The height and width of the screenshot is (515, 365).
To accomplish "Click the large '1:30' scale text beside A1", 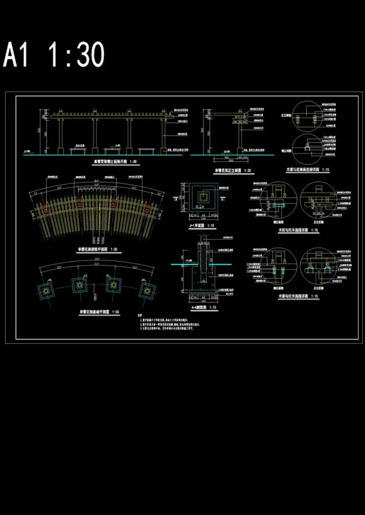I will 76,56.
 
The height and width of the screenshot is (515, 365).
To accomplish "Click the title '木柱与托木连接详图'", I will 293,230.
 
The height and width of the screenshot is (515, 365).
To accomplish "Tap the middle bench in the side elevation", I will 112,150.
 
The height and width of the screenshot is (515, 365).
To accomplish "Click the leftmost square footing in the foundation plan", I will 45,289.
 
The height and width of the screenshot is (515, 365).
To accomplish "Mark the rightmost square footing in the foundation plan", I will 148,289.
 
